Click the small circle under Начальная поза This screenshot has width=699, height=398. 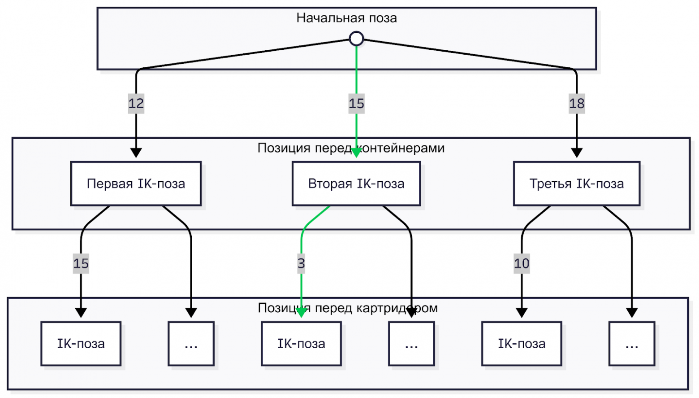pos(356,39)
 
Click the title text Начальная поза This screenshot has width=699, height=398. pos(346,18)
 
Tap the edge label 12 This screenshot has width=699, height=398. pos(136,104)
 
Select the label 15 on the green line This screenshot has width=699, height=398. pos(356,104)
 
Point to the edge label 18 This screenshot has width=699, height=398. pos(577,104)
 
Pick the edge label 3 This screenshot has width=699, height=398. pos(301,263)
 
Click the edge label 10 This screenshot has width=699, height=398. pos(522,263)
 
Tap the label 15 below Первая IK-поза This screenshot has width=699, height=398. pos(81,263)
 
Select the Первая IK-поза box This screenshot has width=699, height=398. pos(136,184)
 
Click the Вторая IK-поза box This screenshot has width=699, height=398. pos(356,184)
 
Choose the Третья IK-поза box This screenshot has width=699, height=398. pos(577,184)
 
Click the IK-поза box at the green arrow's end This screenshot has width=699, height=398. pos(301,344)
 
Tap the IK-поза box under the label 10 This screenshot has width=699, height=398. pos(522,344)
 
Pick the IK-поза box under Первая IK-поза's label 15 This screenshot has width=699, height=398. pos(81,344)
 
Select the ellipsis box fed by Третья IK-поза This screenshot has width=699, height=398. pos(632,344)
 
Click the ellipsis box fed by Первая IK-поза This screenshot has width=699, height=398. pos(191,344)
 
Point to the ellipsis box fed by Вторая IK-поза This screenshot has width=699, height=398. pos(411,344)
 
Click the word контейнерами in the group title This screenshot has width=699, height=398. pos(403,148)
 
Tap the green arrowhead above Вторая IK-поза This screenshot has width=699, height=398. pos(356,153)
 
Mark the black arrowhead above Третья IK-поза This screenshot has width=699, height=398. pos(577,153)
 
